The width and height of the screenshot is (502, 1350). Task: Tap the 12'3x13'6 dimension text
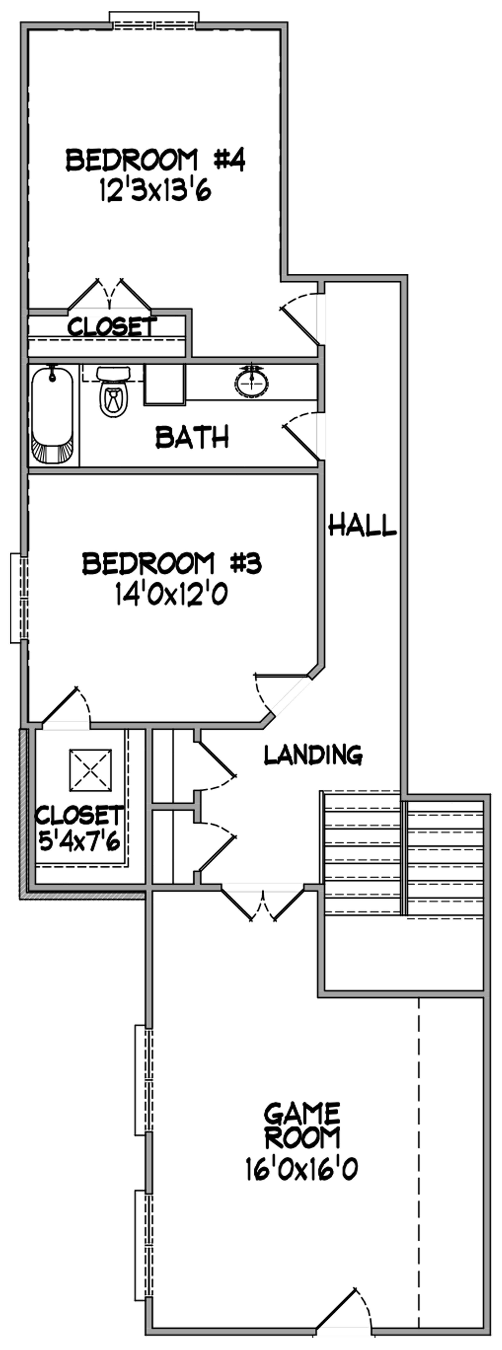tap(155, 191)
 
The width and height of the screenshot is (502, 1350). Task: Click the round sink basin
tap(252, 382)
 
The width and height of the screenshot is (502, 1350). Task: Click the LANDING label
tap(313, 755)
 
